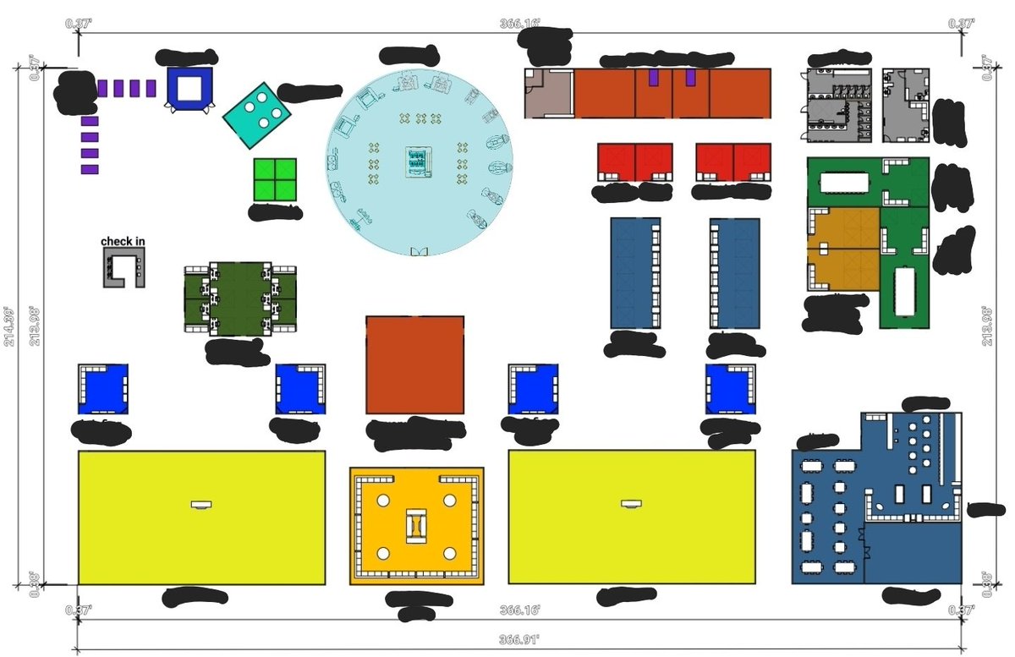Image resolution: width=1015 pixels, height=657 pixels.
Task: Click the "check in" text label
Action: click(x=123, y=242)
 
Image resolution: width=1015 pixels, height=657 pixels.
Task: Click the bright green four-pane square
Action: click(x=275, y=179)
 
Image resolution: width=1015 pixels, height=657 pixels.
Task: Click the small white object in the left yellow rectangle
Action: click(x=201, y=505)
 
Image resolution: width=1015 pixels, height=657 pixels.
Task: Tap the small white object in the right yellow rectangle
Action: click(x=631, y=505)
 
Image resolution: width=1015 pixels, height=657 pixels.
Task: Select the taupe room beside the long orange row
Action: click(x=549, y=94)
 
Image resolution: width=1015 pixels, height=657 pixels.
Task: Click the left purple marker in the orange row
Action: click(x=653, y=78)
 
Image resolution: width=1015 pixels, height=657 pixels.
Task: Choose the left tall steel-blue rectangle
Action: click(x=634, y=273)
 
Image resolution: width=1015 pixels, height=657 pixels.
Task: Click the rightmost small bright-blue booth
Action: click(x=730, y=389)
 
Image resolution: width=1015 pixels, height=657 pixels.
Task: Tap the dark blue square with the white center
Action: click(x=189, y=87)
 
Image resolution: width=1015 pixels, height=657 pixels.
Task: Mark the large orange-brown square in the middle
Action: click(x=414, y=365)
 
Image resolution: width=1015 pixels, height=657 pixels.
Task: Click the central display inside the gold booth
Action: click(x=417, y=525)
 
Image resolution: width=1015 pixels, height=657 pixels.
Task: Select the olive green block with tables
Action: click(x=240, y=298)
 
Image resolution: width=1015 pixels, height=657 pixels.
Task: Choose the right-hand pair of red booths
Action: click(x=733, y=162)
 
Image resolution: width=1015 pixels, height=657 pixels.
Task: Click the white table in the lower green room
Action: click(x=904, y=289)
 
